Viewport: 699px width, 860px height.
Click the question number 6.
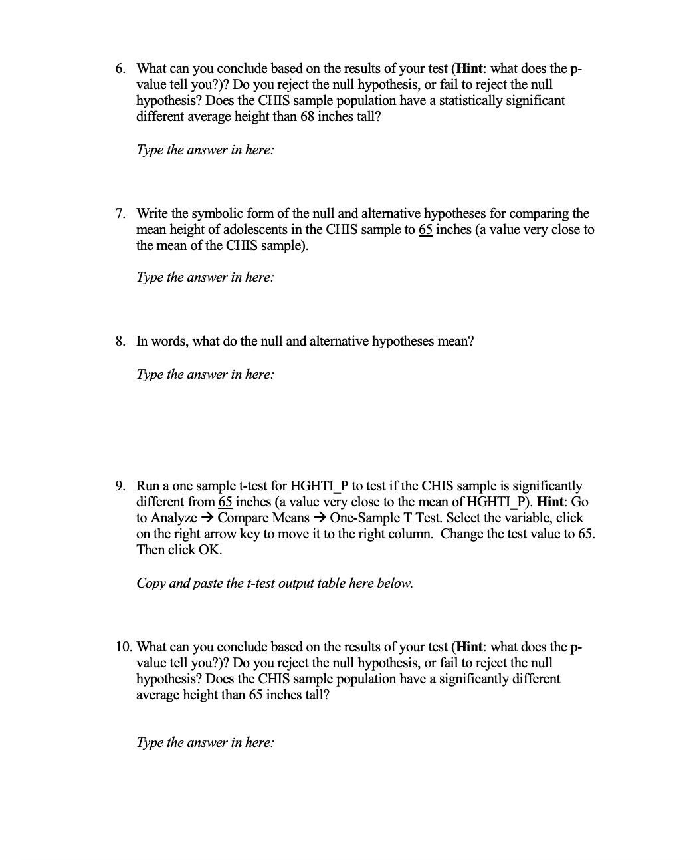[119, 68]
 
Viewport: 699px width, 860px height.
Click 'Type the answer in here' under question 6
[205, 150]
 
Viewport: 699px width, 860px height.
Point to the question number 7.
[119, 213]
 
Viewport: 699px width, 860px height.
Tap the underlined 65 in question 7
[425, 229]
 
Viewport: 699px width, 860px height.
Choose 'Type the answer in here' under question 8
[205, 374]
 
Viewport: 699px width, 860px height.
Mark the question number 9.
[119, 486]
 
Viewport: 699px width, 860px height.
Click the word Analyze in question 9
[173, 518]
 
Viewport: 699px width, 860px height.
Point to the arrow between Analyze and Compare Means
[207, 518]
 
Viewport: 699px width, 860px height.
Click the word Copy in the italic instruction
[151, 583]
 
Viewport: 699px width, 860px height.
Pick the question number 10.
[122, 647]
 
